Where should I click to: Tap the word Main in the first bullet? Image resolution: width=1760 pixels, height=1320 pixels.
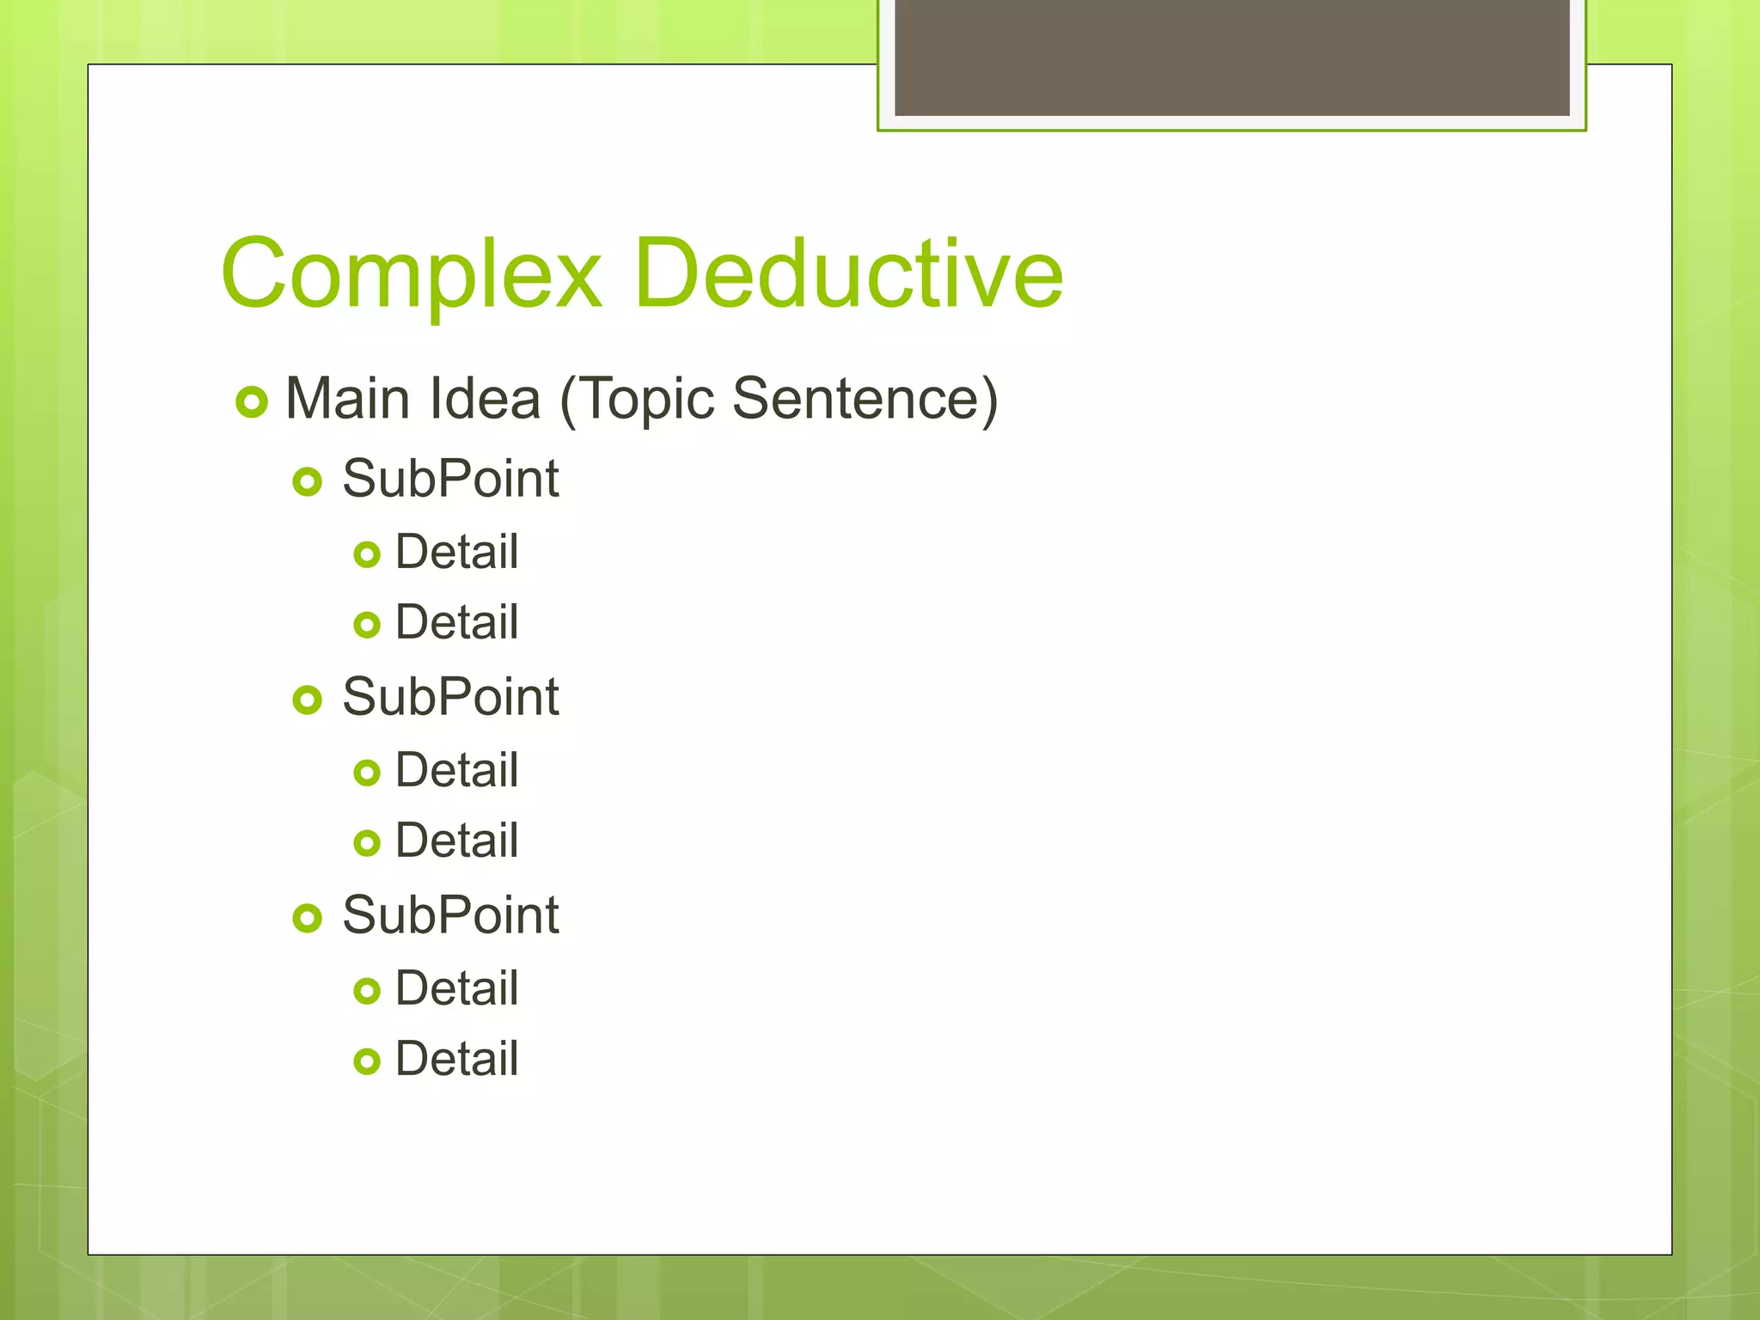click(347, 399)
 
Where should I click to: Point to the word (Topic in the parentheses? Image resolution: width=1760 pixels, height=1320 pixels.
click(637, 400)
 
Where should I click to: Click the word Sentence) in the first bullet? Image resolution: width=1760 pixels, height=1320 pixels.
click(865, 399)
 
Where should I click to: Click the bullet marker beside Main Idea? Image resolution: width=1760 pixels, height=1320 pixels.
click(252, 401)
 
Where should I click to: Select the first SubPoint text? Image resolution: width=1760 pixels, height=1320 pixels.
click(450, 479)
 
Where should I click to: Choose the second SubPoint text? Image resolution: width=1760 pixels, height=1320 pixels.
click(450, 697)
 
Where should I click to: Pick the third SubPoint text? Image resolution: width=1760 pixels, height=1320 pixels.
click(450, 915)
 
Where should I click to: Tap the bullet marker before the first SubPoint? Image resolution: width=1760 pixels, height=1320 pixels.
click(307, 481)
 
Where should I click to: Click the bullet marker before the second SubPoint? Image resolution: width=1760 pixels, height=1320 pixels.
click(307, 700)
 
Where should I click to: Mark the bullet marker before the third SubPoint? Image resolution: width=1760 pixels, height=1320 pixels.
click(307, 918)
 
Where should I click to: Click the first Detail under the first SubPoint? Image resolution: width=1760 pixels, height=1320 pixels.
click(456, 552)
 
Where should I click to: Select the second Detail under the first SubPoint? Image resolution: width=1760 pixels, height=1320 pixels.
click(456, 622)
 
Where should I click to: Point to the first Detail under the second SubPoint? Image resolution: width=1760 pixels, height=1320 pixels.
click(456, 770)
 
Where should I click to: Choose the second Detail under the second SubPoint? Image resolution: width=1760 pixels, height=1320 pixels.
click(456, 840)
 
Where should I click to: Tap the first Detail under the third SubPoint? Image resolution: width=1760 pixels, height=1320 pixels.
click(456, 988)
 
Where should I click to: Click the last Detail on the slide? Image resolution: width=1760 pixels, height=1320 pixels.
click(456, 1059)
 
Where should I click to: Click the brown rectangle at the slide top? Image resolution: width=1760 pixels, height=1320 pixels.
click(1231, 57)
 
